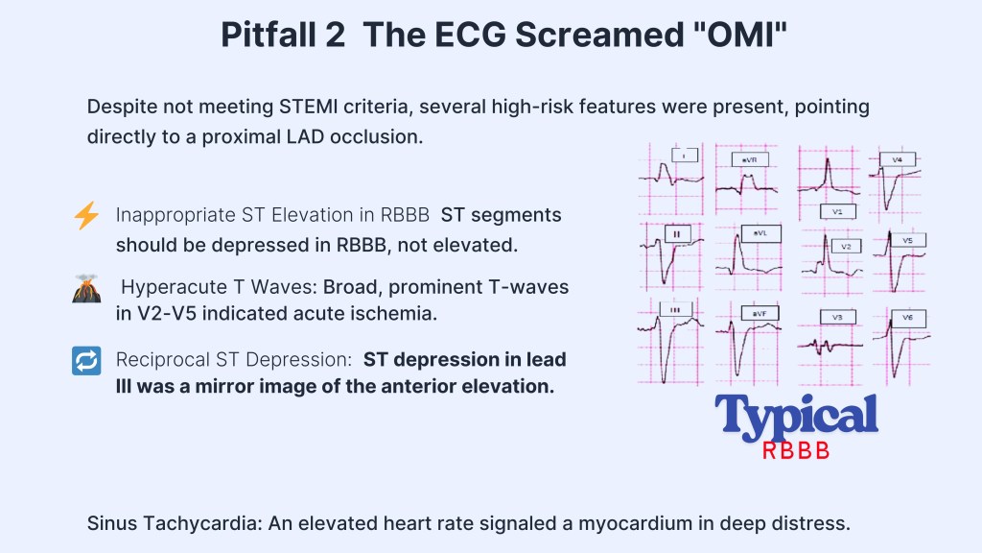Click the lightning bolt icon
click(x=86, y=217)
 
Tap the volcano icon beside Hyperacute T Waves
click(x=86, y=288)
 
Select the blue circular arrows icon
click(x=86, y=360)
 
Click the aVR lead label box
click(x=749, y=158)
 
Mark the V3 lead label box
click(x=837, y=316)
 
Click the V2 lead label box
click(x=845, y=246)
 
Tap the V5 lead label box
click(x=908, y=239)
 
